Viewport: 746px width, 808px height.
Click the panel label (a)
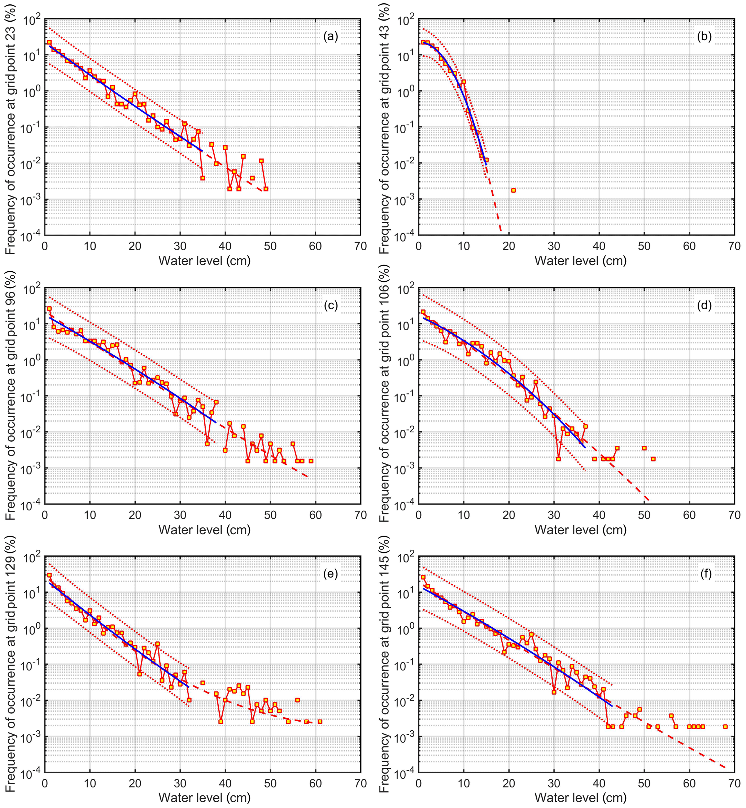pyautogui.click(x=330, y=37)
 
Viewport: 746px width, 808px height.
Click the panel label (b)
pyautogui.click(x=704, y=37)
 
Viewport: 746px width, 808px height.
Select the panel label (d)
pyautogui.click(x=704, y=306)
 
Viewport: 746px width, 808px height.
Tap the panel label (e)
pyautogui.click(x=330, y=574)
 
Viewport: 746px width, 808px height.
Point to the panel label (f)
pyautogui.click(x=704, y=574)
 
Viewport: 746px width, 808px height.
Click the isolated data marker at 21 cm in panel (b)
pyautogui.click(x=513, y=190)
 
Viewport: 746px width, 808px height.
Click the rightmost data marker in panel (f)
pyautogui.click(x=725, y=726)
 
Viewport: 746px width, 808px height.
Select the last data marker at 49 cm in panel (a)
pyautogui.click(x=266, y=189)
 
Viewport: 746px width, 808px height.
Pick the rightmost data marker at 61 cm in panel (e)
pyautogui.click(x=320, y=722)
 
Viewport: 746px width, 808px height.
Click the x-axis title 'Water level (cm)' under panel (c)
pyautogui.click(x=204, y=529)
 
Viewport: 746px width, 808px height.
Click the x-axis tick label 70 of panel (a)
pyautogui.click(x=361, y=246)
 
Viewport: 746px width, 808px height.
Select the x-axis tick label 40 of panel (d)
pyautogui.click(x=599, y=515)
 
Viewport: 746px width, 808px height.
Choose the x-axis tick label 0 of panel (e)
pyautogui.click(x=45, y=784)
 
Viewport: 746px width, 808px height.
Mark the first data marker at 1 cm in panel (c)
pyautogui.click(x=49, y=309)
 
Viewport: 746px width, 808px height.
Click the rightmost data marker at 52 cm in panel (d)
pyautogui.click(x=653, y=459)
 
